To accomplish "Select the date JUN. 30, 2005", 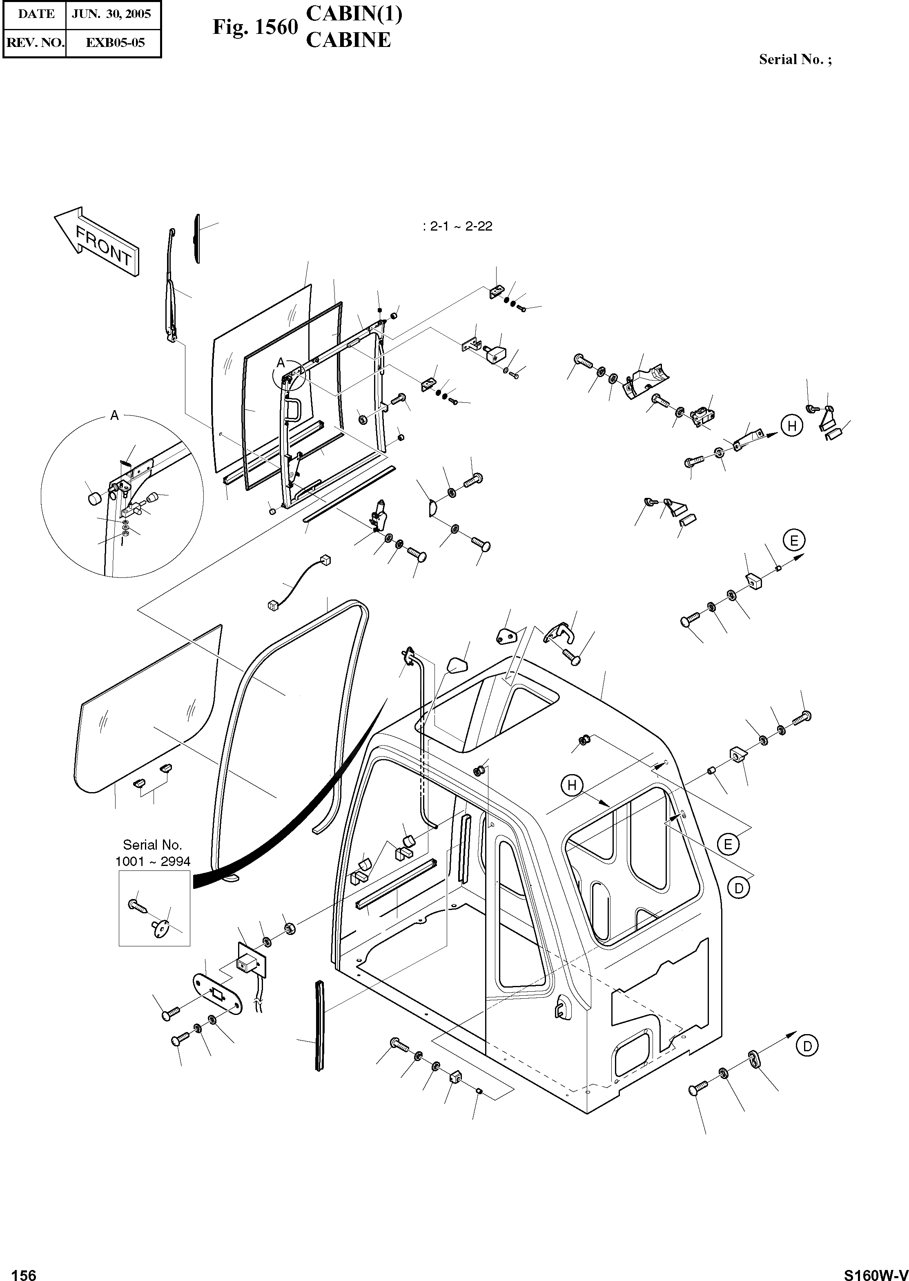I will [112, 14].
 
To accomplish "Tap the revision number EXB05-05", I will [115, 42].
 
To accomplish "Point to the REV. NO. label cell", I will [35, 42].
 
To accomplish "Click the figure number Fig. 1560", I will [255, 27].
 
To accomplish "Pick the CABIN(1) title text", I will [354, 13].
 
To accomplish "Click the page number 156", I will [24, 1270].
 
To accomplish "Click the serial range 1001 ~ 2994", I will [153, 861].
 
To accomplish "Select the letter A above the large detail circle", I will [115, 415].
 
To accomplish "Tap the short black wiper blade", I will [196, 238].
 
